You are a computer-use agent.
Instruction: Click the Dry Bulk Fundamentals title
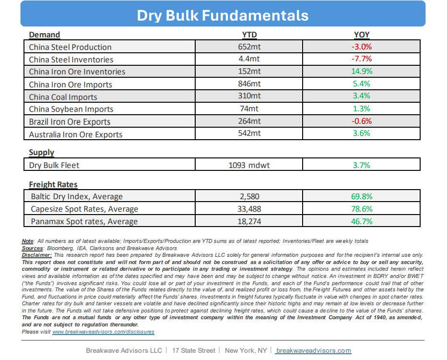click(223, 15)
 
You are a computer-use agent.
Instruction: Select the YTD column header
click(249, 35)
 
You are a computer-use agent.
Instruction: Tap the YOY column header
click(362, 35)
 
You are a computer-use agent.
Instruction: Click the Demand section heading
click(45, 35)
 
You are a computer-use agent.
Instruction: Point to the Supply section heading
click(41, 153)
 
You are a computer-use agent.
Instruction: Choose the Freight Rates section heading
click(53, 185)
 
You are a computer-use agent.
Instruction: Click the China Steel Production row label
click(70, 47)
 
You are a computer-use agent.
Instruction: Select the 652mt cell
click(249, 47)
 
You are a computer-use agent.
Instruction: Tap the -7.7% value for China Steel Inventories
click(362, 59)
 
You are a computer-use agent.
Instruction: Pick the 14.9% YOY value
click(362, 71)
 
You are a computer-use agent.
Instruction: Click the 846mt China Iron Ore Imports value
click(249, 84)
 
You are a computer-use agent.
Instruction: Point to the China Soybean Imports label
click(71, 109)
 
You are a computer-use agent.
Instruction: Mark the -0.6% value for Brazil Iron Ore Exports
click(362, 121)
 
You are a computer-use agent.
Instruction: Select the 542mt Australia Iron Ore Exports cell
click(249, 133)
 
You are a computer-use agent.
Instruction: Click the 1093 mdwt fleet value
click(249, 165)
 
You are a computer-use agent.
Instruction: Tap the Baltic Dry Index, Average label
click(77, 196)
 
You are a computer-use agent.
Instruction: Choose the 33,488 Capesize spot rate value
click(249, 209)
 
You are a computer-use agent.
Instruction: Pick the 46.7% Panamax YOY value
click(362, 221)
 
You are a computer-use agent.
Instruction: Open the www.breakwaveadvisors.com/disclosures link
click(103, 332)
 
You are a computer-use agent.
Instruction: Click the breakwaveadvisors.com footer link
click(314, 350)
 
